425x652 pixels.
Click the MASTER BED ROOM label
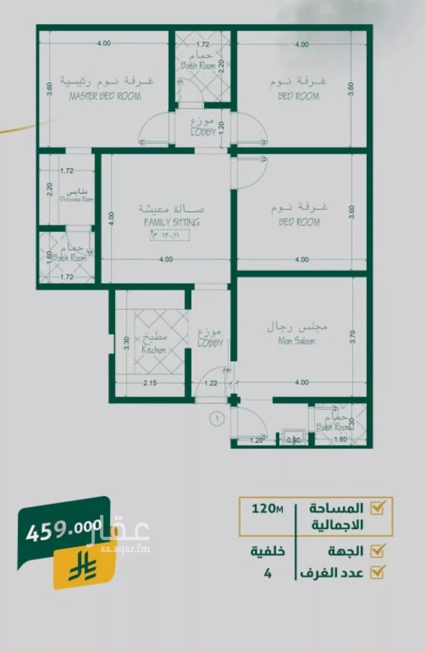pos(105,96)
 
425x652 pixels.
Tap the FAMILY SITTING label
pos(172,222)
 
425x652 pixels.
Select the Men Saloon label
pos(297,341)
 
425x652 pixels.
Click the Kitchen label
pos(154,350)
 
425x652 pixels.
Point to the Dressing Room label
pos(76,199)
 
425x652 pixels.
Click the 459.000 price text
pos(64,531)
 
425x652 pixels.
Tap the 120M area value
pos(267,508)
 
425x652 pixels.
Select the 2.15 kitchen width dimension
pos(150,383)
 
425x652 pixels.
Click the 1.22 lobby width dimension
pos(211,383)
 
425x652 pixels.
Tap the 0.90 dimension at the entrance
pos(293,440)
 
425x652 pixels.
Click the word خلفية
pos(267,552)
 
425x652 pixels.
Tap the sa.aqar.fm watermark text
pos(119,549)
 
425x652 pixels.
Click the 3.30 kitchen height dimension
pos(126,343)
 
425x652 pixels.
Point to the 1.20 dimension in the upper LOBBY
pos(221,127)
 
